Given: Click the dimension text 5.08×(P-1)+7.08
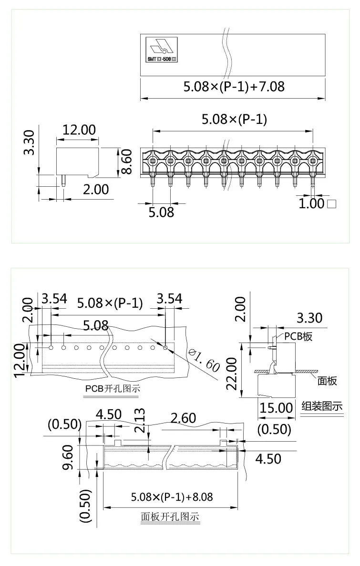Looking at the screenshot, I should click(234, 87).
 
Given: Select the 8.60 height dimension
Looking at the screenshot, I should click(126, 162).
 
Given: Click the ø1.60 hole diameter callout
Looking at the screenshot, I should click(204, 360).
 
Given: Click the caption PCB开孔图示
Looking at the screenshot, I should click(113, 388).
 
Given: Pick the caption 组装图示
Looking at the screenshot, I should click(322, 406).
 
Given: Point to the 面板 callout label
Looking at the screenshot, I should click(327, 380).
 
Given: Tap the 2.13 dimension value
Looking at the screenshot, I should click(139, 420).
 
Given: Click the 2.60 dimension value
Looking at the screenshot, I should click(183, 418).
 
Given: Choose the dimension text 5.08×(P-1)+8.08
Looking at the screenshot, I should click(172, 497).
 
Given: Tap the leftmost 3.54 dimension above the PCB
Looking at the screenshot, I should click(54, 299).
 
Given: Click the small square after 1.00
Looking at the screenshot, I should click(332, 204).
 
